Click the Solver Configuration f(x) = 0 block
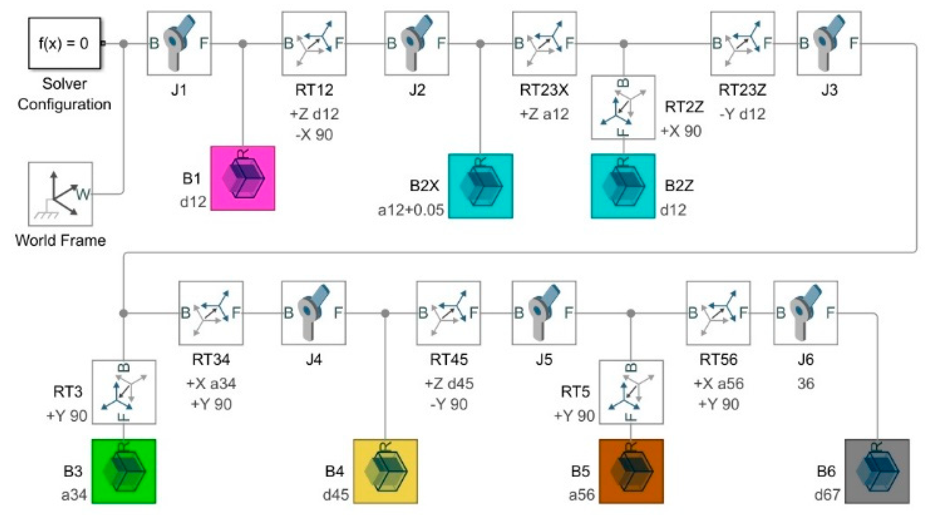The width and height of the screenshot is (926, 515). (64, 43)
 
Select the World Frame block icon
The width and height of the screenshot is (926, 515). (60, 194)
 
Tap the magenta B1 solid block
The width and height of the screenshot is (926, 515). (243, 178)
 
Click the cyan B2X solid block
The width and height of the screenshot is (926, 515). (481, 186)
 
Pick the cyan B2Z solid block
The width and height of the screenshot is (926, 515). (623, 186)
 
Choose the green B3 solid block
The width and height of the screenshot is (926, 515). (124, 471)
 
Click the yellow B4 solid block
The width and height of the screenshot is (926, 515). (385, 471)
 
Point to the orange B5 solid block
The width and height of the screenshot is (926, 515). (631, 471)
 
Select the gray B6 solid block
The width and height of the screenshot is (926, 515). (877, 471)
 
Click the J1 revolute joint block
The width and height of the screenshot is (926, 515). (179, 44)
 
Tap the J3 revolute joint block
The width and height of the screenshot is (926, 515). (829, 44)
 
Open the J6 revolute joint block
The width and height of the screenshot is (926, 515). (806, 313)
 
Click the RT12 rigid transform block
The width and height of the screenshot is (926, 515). (314, 44)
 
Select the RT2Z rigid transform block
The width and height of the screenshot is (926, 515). (623, 107)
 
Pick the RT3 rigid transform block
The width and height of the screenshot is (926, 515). (124, 392)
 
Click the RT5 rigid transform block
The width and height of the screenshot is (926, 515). (631, 392)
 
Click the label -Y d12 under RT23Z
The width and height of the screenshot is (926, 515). (742, 114)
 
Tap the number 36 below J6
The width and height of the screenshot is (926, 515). (806, 384)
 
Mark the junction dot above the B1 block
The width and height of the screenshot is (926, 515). (243, 44)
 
